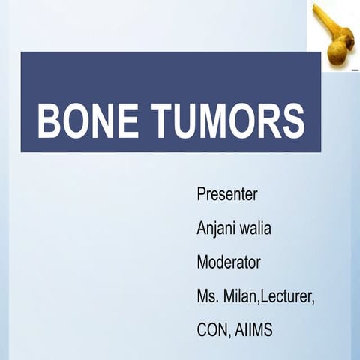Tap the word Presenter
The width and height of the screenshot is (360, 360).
click(x=226, y=194)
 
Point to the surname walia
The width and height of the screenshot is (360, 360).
click(x=255, y=228)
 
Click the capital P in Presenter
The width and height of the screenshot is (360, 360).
click(x=200, y=194)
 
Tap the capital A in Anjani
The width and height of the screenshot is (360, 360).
click(x=201, y=228)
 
